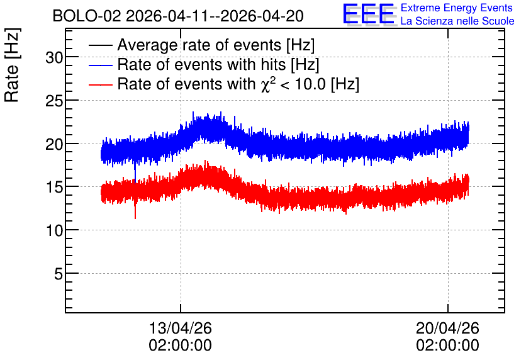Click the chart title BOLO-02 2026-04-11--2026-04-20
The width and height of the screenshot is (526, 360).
tap(178, 16)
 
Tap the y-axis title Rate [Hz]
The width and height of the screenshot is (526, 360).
tap(12, 65)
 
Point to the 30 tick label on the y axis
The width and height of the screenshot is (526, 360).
tap(54, 58)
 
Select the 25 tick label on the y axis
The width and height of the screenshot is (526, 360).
tap(54, 101)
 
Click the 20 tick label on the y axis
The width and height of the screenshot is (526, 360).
tap(54, 144)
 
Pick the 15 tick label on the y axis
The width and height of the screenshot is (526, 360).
tap(54, 187)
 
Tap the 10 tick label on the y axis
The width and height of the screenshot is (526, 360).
tap(54, 230)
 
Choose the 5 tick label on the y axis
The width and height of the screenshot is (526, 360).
tap(59, 274)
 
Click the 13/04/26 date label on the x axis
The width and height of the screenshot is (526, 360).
tap(180, 328)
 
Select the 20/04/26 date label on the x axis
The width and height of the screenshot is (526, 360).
tap(447, 328)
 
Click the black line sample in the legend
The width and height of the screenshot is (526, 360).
tap(100, 45)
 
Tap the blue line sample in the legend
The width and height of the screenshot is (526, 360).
tap(100, 65)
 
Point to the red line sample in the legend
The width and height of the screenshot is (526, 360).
tap(100, 84)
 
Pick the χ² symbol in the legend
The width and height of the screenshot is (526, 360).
tap(268, 84)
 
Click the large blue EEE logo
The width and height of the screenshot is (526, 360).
tap(369, 14)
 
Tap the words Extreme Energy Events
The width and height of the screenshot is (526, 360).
tap(457, 8)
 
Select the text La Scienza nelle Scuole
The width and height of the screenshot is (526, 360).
tap(457, 21)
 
